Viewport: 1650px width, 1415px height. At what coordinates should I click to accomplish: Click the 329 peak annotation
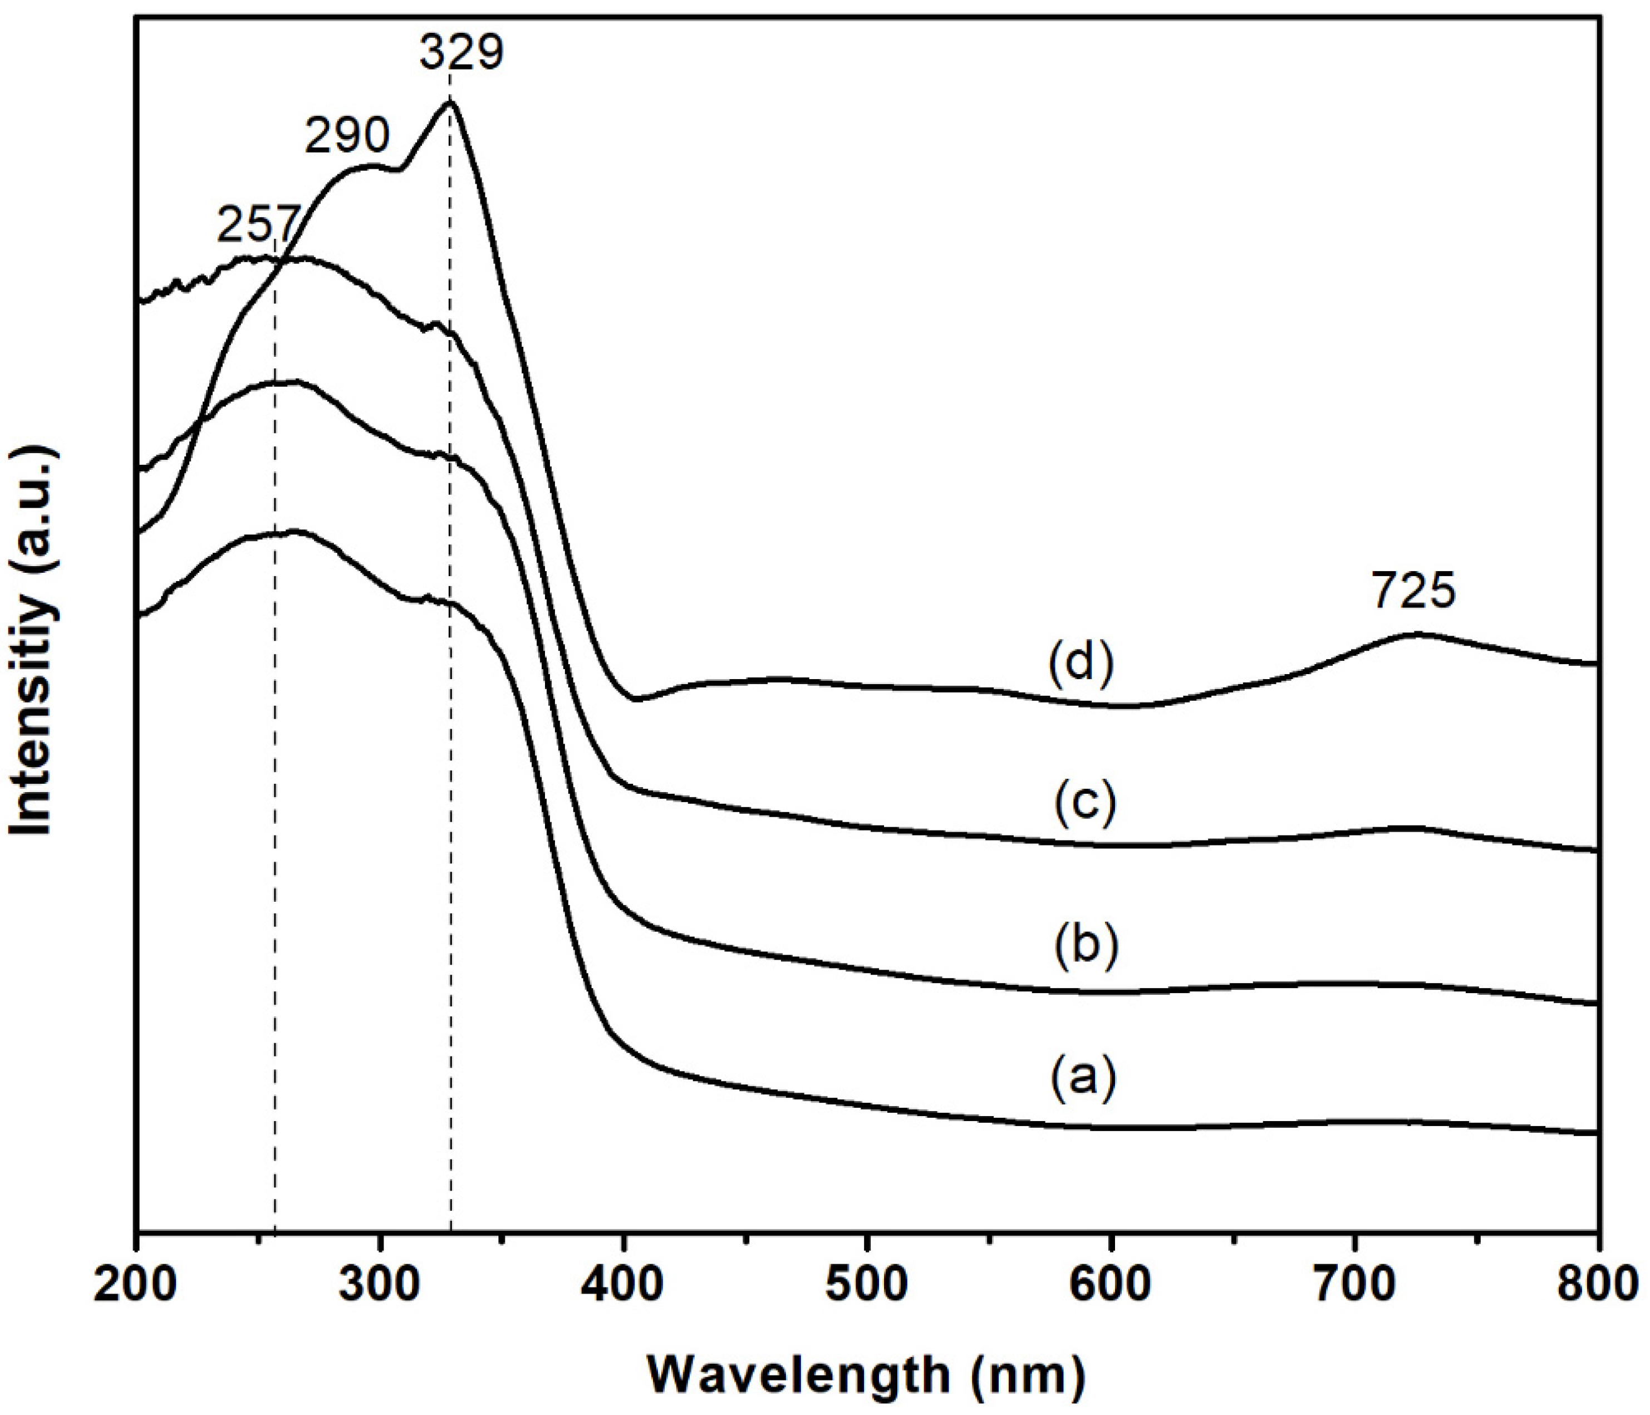[462, 53]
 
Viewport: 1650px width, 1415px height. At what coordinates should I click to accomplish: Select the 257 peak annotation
[259, 225]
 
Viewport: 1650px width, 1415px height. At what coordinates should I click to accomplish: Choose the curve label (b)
[1087, 945]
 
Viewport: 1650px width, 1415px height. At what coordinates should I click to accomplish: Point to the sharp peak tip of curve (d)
[450, 102]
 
